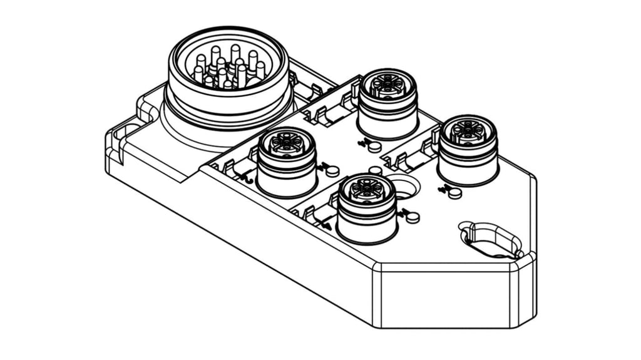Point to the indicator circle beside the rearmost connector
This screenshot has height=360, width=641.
click(374, 147)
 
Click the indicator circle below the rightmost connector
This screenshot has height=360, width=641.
click(455, 193)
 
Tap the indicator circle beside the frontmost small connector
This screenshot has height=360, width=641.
click(413, 217)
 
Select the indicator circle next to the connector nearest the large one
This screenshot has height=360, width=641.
click(333, 170)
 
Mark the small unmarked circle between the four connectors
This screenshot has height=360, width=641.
click(376, 170)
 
